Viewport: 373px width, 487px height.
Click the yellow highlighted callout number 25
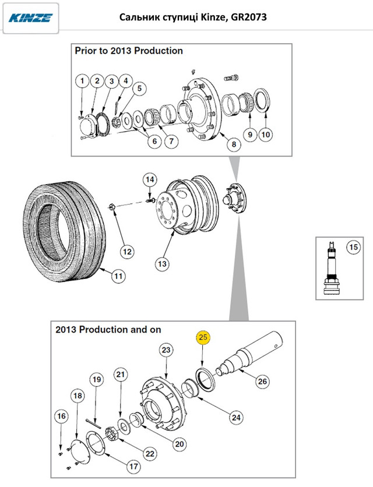click(203, 338)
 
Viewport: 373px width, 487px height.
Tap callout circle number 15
click(352, 247)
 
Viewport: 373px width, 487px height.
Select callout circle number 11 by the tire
click(118, 275)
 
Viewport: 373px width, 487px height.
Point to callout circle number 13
click(163, 264)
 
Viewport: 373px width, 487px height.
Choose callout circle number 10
click(265, 135)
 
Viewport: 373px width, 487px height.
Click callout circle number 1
click(83, 80)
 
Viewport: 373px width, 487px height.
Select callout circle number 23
click(166, 350)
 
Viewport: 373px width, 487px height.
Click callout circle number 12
click(126, 252)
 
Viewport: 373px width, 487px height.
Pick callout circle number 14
click(150, 179)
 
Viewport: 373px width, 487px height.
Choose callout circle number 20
click(180, 443)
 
